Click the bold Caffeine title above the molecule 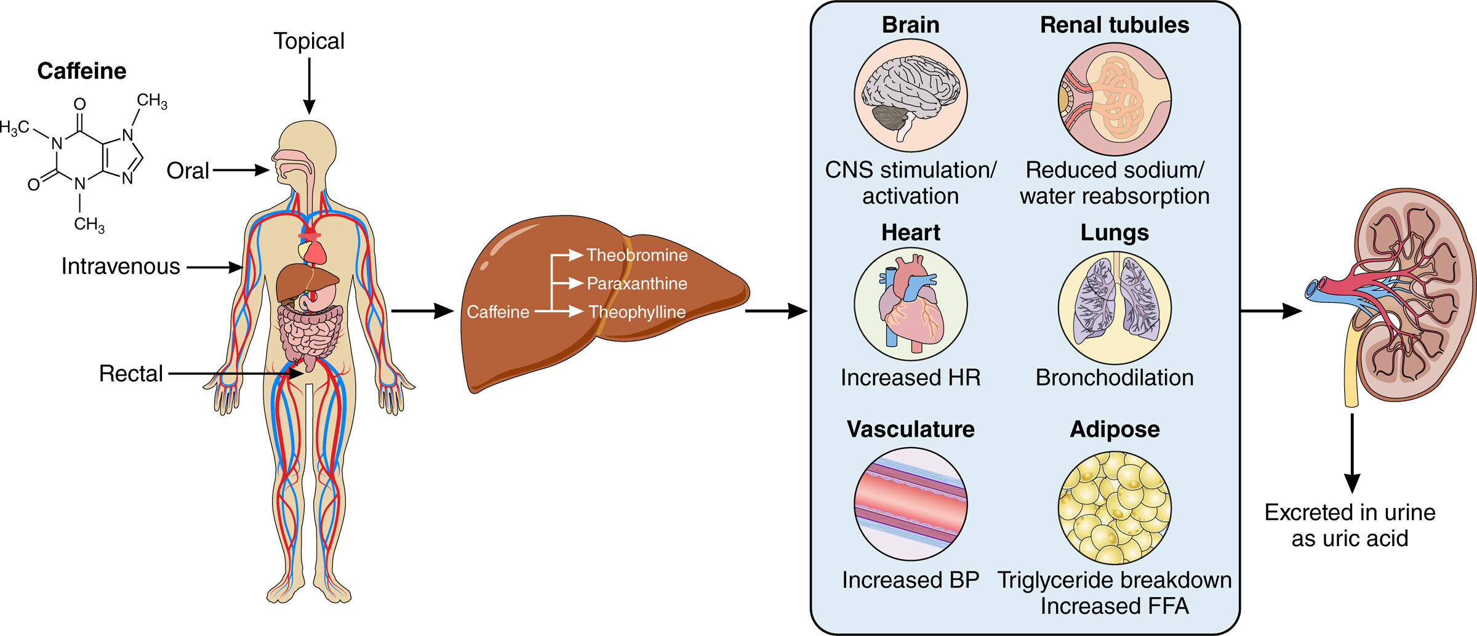pos(82,71)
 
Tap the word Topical pos(309,41)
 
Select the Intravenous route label pos(121,266)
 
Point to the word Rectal pos(131,373)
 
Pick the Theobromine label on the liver pos(637,255)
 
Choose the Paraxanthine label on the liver pos(637,283)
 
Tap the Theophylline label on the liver pos(637,312)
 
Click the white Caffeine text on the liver pos(498,312)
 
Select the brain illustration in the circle pos(911,95)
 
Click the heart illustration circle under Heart pos(911,304)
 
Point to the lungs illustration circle pos(1115,307)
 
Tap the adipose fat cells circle pos(1115,507)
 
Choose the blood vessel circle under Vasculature pos(911,504)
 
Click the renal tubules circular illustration pos(1115,99)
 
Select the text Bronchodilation pos(1115,377)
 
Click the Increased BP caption pos(911,580)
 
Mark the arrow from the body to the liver pos(422,311)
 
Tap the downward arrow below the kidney pos(1352,453)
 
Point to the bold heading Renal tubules pos(1115,25)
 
